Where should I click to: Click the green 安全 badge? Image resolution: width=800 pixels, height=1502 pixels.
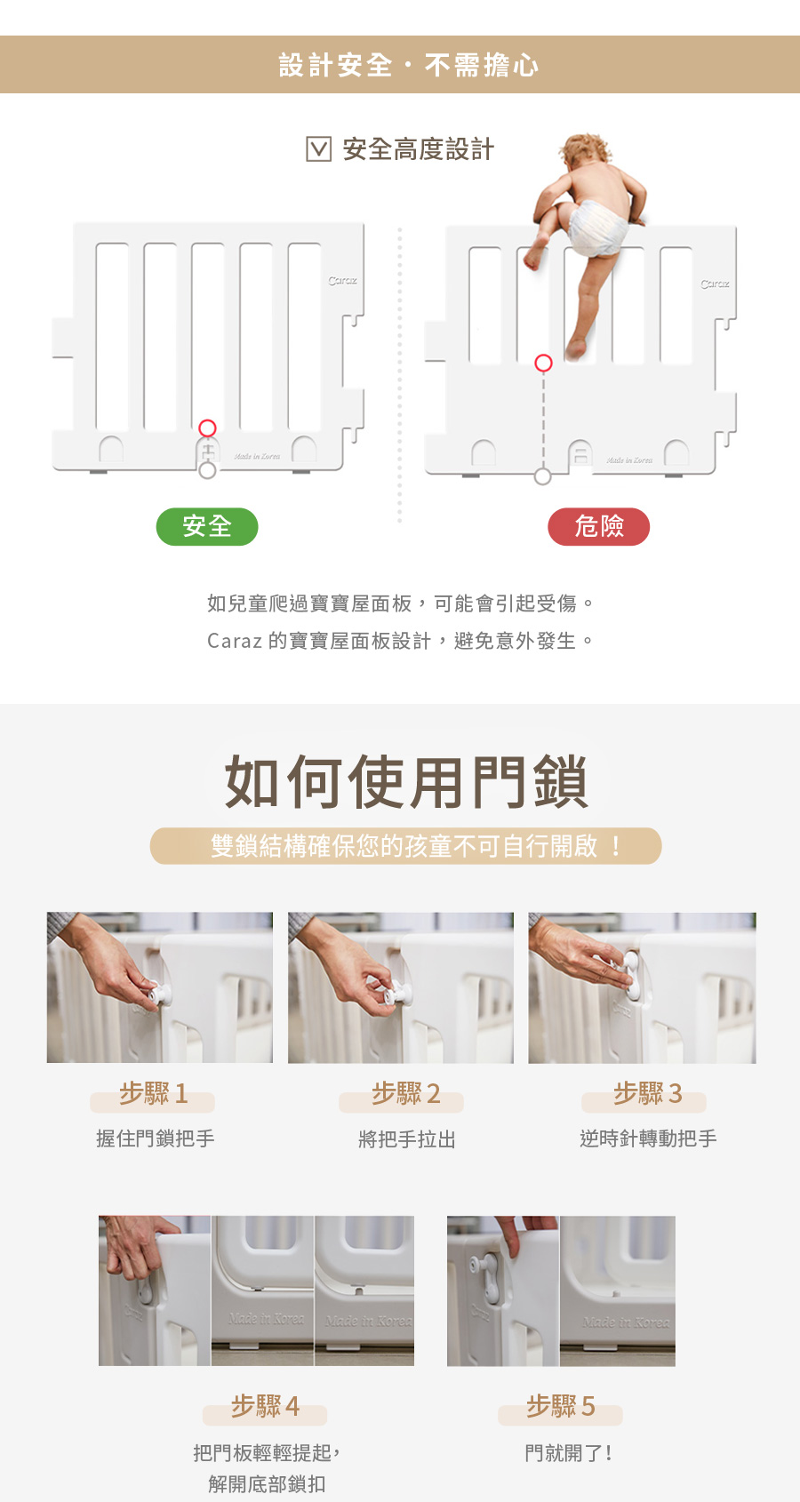point(206,526)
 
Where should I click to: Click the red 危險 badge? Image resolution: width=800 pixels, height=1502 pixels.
point(599,526)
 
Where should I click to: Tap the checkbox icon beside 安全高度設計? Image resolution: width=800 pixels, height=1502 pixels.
point(318,148)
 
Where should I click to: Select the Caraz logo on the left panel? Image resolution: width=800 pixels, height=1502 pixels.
point(342,280)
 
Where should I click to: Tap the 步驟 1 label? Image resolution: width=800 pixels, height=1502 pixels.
point(153,1094)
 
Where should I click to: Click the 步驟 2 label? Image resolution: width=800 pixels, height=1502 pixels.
point(405,1094)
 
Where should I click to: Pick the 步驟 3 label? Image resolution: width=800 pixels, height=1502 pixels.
point(648,1094)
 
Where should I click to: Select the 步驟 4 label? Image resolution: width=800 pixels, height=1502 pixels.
point(265,1406)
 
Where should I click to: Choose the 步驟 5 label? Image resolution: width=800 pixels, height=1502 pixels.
point(561,1406)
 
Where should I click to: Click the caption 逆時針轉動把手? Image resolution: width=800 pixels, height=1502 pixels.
point(648,1138)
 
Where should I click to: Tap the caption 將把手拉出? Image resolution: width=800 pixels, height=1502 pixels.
point(407,1138)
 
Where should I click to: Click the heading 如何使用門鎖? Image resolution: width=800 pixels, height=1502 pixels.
point(406,781)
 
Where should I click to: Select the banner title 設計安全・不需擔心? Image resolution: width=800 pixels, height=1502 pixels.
point(408,65)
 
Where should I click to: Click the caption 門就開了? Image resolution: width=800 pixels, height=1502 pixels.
point(568,1453)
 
